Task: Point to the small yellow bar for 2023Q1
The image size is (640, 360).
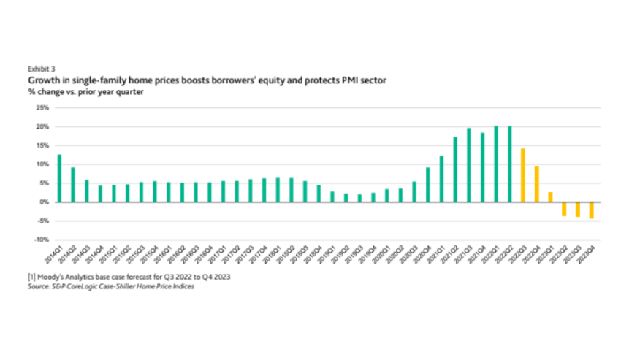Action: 550,197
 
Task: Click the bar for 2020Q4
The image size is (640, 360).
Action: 428,185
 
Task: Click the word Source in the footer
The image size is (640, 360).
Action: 39,286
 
